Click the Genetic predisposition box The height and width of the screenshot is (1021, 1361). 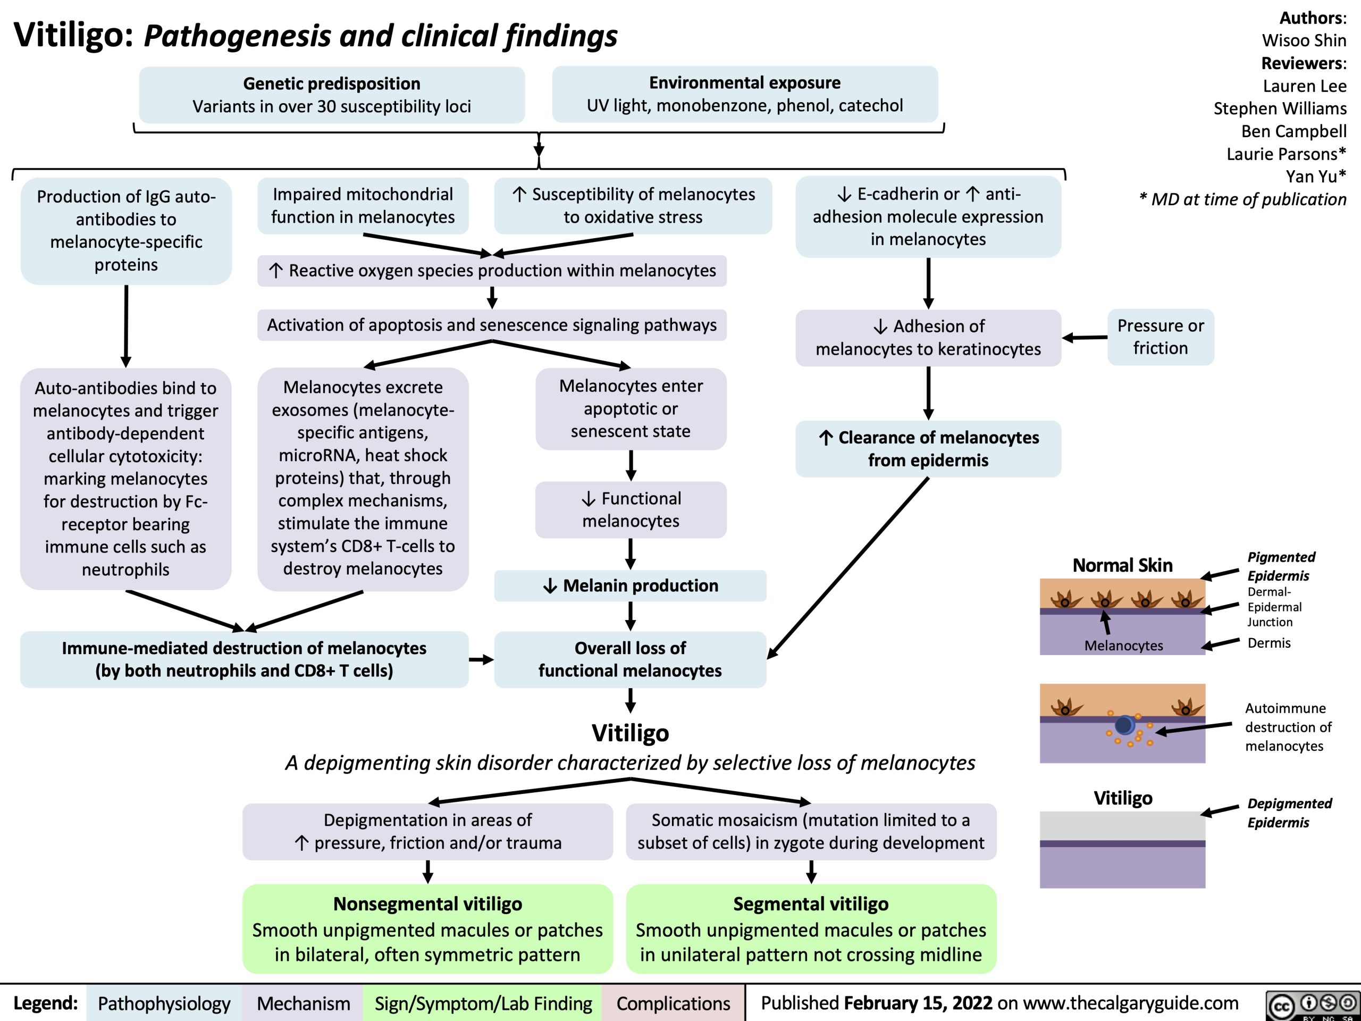click(x=332, y=95)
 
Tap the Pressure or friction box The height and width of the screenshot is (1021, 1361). click(x=1161, y=337)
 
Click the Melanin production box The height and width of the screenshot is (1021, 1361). click(x=631, y=585)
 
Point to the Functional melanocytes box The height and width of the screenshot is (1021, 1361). click(x=631, y=509)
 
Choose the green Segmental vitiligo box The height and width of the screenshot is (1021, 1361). click(x=811, y=928)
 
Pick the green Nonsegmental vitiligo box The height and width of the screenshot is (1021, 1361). click(x=427, y=928)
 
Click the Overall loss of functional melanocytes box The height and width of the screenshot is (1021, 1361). click(x=630, y=659)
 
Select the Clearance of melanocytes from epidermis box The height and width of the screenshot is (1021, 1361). click(x=928, y=449)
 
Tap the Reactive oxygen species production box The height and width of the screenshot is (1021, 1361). click(x=492, y=271)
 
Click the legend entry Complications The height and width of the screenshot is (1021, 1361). click(x=673, y=1003)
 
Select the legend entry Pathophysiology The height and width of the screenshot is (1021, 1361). click(x=164, y=1003)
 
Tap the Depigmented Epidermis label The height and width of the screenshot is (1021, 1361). click(x=1289, y=813)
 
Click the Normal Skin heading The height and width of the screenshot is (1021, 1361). click(x=1122, y=565)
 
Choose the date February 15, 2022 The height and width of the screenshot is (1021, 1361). click(x=918, y=1002)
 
